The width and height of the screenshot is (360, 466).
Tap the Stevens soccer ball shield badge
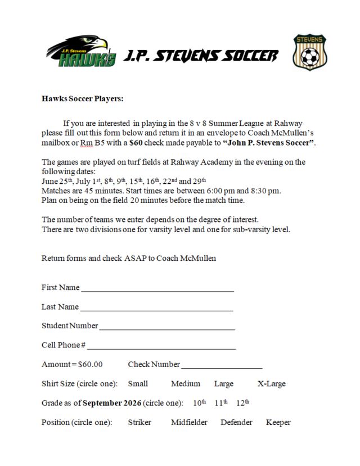click(309, 52)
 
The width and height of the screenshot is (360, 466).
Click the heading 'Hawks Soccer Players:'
click(82, 98)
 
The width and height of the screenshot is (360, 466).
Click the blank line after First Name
click(157, 289)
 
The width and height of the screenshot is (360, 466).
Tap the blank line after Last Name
click(156, 308)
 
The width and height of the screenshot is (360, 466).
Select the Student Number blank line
click(167, 327)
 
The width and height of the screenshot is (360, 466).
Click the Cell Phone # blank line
click(161, 346)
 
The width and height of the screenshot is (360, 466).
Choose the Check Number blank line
click(222, 365)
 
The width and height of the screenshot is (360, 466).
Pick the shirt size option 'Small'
click(138, 384)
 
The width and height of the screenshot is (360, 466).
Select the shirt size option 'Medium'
click(186, 384)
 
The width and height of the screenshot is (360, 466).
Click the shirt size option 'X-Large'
click(271, 384)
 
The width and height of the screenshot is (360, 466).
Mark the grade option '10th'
click(200, 403)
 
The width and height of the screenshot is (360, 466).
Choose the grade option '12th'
click(242, 403)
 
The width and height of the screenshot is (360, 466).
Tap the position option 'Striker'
click(139, 422)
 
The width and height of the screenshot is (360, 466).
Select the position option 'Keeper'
click(278, 422)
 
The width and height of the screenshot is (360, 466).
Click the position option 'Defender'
click(236, 422)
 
